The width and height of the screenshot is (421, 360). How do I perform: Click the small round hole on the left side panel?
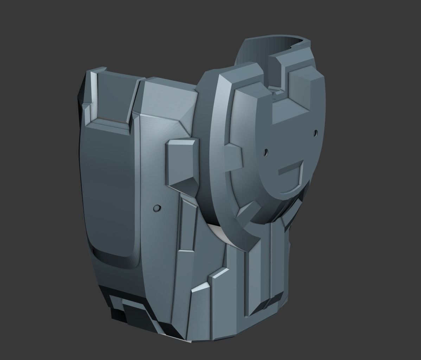156,208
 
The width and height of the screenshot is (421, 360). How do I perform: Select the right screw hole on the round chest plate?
315,133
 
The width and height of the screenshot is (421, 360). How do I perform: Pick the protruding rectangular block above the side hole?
181,162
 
